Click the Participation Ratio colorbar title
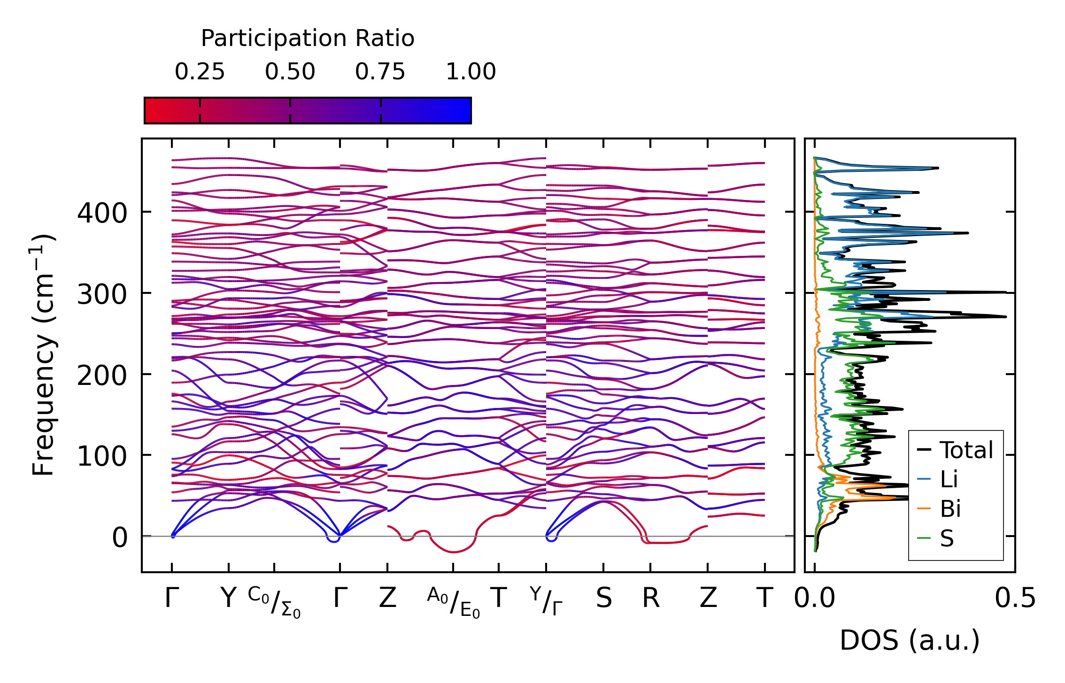pos(308,38)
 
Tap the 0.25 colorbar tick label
pos(200,72)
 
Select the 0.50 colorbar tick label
pos(290,72)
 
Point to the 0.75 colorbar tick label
pos(380,72)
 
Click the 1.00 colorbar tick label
pos(471,72)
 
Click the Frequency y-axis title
pos(43,355)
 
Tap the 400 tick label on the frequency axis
pos(102,213)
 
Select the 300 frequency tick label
pos(102,294)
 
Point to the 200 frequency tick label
pos(102,375)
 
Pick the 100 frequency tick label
pos(102,456)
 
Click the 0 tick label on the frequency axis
pos(119,537)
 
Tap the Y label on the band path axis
pos(228,599)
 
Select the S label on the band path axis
pos(604,599)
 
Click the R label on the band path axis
pos(651,599)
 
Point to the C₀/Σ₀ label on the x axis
pos(274,602)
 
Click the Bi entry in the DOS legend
pos(950,509)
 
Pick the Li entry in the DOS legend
pos(949,479)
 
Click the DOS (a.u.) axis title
pos(910,640)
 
